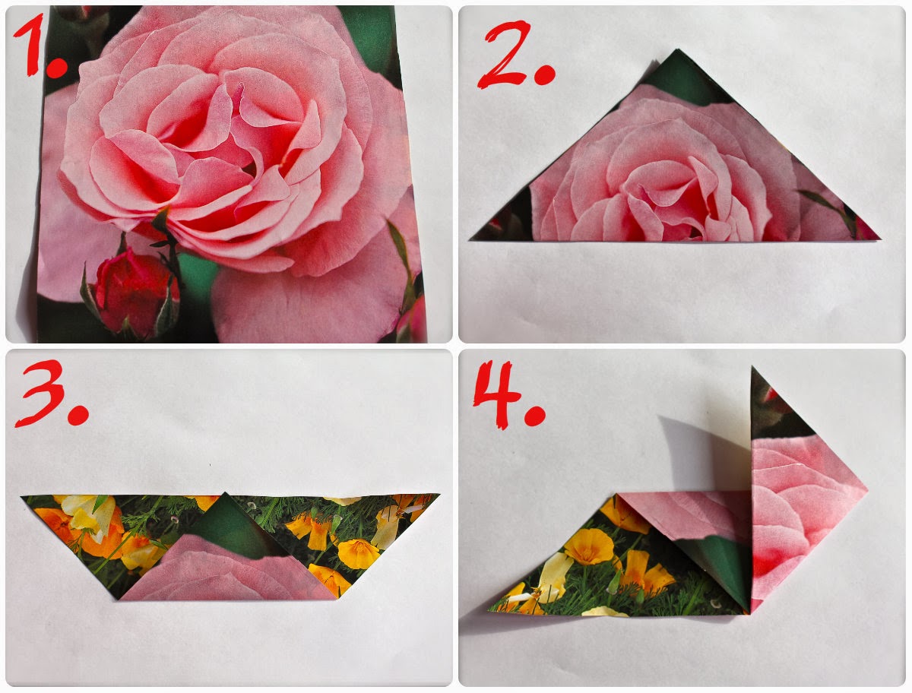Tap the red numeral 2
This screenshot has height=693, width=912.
pos(505,55)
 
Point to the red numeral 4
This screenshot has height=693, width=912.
pos(496,394)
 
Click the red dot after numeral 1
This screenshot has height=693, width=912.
pos(57,68)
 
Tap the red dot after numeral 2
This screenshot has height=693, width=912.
pos(545,74)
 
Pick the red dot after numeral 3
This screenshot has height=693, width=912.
pos(78,413)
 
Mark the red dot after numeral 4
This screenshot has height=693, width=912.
pos(535,415)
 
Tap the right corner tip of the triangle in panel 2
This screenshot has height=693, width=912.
pos(880,239)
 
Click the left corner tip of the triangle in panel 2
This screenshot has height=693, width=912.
pos(470,240)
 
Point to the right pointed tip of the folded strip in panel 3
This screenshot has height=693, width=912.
pos(439,494)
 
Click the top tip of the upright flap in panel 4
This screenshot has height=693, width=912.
pos(752,368)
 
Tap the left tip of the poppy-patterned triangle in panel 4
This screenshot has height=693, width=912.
pos(488,610)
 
